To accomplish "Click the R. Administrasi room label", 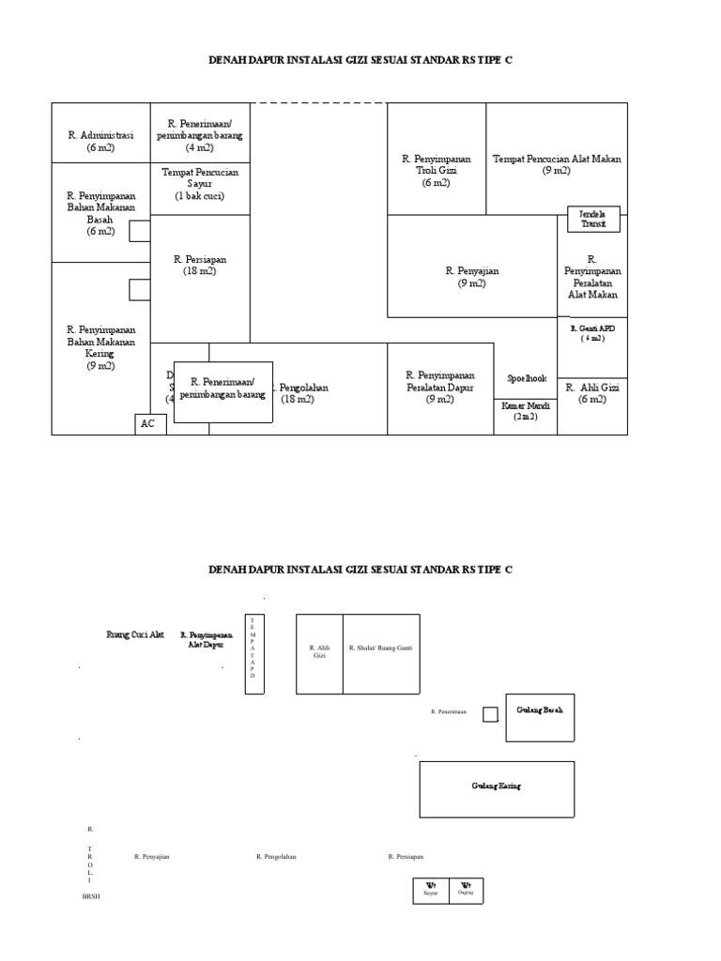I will [x=100, y=141].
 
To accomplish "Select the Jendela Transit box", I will [x=591, y=219].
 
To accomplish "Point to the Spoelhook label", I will [x=526, y=378].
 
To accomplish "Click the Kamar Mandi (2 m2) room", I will [x=526, y=411].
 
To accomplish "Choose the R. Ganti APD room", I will [x=592, y=333].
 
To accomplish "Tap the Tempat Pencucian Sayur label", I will [x=200, y=184].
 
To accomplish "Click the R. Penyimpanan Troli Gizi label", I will [x=437, y=171].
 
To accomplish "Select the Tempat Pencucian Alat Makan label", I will [x=557, y=164].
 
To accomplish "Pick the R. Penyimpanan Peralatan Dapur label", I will [x=440, y=387].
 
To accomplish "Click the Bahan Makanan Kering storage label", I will [x=100, y=347].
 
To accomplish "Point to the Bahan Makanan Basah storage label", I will [x=100, y=213].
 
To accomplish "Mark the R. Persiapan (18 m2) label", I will [x=200, y=265].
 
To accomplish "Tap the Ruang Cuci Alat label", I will [x=135, y=635].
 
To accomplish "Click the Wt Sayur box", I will [x=431, y=890].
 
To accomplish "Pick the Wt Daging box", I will [x=466, y=890].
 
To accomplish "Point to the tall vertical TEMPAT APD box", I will [x=253, y=653].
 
